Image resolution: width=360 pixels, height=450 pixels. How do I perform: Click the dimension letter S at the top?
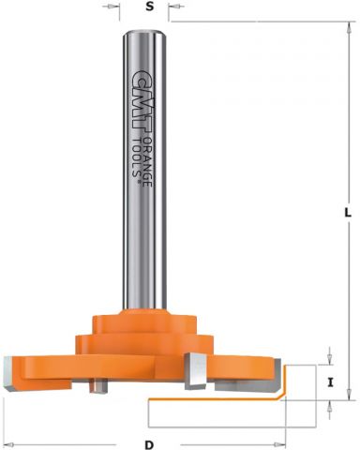click(150, 7)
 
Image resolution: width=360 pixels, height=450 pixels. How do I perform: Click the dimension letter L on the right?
click(348, 213)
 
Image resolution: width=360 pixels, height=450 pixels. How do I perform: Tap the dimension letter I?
click(330, 382)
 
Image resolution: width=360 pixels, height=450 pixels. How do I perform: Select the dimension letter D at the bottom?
click(149, 444)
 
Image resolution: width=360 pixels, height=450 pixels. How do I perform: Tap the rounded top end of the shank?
click(143, 33)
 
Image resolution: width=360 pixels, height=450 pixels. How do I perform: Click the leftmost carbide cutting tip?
click(8, 373)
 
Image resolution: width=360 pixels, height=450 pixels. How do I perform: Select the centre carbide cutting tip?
click(195, 371)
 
